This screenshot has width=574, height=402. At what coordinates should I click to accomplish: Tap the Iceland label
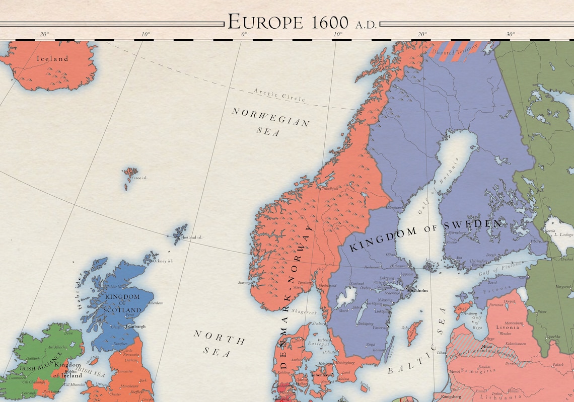point(52,59)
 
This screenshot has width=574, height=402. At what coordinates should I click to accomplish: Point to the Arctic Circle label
point(279,95)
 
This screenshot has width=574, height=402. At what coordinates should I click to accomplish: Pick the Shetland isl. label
point(193,237)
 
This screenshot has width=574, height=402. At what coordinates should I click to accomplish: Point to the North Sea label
point(220,344)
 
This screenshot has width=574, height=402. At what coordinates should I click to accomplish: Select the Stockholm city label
point(417,291)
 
